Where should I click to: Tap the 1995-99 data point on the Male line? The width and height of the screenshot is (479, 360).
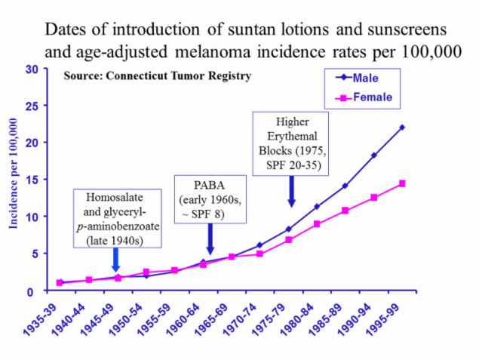[x=402, y=128]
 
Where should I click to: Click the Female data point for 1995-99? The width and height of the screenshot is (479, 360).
[x=402, y=183]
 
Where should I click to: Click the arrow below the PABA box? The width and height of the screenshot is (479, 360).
[x=210, y=242]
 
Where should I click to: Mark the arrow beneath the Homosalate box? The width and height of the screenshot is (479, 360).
[x=115, y=261]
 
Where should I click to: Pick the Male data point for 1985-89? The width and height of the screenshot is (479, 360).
[x=345, y=186]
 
